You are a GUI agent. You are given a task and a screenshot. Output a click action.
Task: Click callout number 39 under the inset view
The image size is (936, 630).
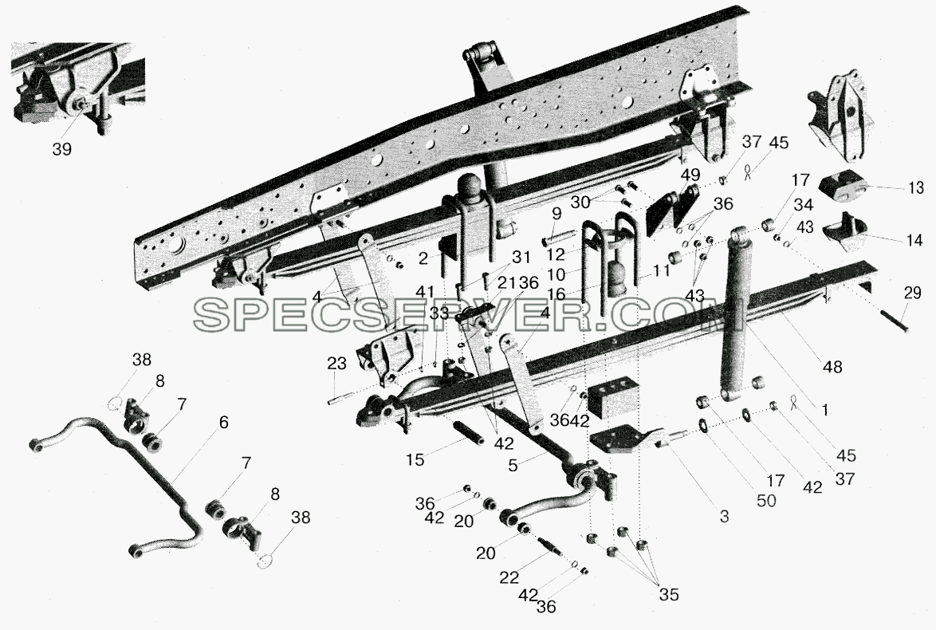pos(62,149)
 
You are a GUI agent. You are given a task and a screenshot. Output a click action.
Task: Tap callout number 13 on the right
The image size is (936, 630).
pos(916,188)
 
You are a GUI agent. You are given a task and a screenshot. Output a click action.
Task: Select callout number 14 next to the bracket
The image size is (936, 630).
pos(914,240)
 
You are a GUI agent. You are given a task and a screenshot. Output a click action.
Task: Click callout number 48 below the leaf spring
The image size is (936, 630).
pos(832,367)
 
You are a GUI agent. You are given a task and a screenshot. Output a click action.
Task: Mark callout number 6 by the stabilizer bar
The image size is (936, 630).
pos(223,423)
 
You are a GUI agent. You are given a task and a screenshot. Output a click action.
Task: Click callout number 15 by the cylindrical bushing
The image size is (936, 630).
pos(415,459)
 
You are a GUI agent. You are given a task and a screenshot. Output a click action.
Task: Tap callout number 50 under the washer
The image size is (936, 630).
pos(766,501)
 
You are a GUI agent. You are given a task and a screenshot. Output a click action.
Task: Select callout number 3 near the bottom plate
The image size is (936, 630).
pos(724,516)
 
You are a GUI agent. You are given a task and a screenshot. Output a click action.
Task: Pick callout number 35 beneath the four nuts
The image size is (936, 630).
pos(669,595)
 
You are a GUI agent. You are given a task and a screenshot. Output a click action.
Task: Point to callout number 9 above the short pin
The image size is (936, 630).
pos(556,213)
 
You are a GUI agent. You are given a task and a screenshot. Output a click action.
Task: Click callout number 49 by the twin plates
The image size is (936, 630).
pos(690,175)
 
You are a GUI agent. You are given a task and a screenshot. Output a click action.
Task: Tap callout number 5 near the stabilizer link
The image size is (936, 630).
pos(513,465)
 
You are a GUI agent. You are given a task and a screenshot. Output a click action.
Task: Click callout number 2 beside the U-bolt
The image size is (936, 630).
pos(423,258)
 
